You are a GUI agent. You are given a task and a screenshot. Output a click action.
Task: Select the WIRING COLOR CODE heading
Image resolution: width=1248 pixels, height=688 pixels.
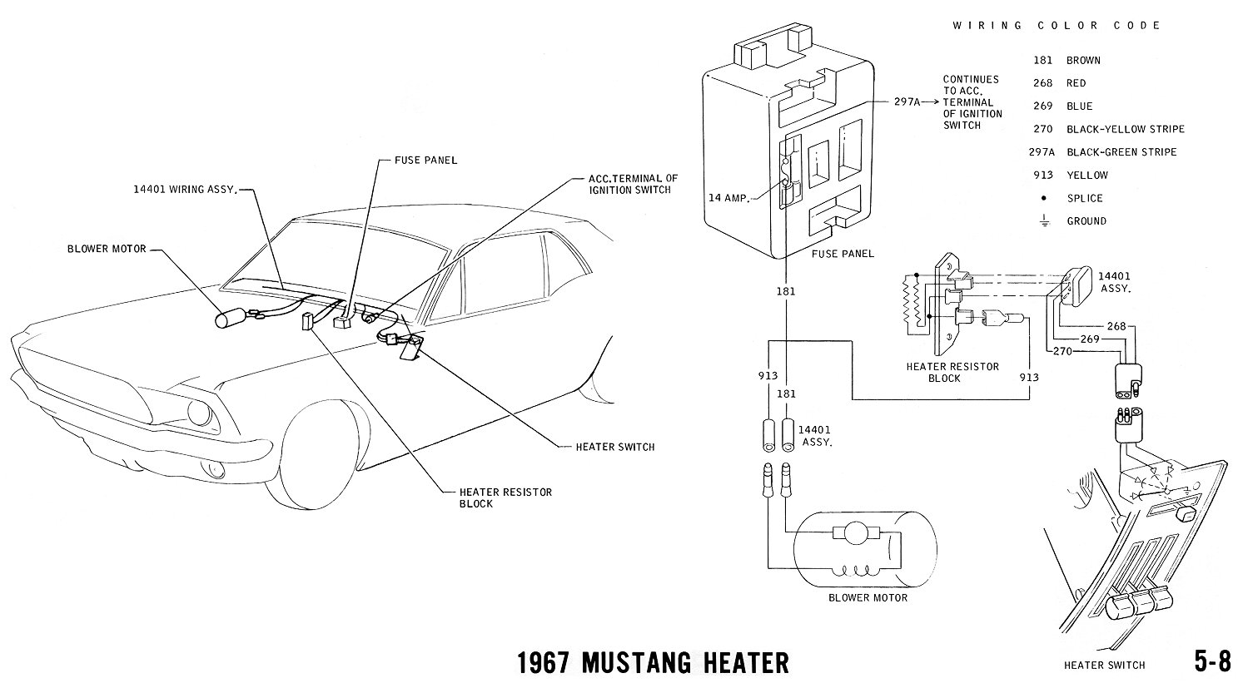point(1057,26)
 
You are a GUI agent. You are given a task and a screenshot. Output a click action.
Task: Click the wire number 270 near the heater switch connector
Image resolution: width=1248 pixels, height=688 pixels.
point(1062,351)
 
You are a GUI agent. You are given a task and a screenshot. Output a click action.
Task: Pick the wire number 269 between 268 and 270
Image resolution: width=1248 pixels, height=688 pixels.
point(1090,339)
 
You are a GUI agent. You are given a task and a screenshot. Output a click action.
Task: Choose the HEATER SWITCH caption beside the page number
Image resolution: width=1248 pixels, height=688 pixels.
point(1104,665)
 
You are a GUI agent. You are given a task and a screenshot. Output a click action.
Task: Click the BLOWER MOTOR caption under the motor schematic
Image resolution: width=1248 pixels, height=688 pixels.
point(868,597)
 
